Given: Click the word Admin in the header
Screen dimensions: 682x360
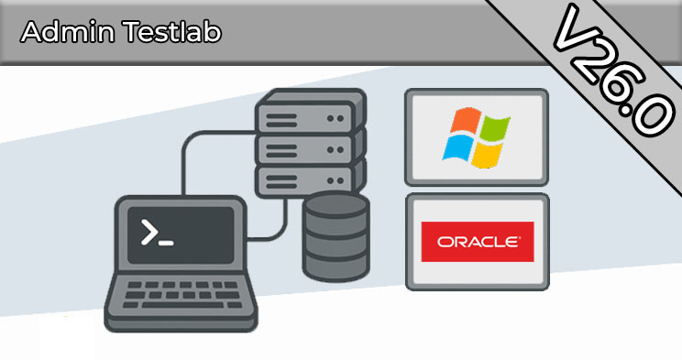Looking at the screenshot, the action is [x=68, y=32].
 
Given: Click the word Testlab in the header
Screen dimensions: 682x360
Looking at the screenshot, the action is [x=171, y=32].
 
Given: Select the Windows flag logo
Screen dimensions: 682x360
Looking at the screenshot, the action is [x=477, y=137].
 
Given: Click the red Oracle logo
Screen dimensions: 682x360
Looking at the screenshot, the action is [x=478, y=242].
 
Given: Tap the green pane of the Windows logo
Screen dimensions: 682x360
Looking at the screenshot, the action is [x=495, y=128].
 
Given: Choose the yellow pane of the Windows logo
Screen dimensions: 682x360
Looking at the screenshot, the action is [x=487, y=155].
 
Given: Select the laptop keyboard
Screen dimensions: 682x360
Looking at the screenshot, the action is [x=181, y=294].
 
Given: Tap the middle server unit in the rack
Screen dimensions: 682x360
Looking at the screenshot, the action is [x=309, y=149].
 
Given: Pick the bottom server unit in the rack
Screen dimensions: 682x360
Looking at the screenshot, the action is [x=309, y=180].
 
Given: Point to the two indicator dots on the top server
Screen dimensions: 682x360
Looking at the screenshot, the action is [x=335, y=118].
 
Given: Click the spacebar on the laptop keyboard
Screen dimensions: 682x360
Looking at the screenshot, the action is [x=182, y=305].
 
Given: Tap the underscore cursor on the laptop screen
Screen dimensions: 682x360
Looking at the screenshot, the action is [x=166, y=243].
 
